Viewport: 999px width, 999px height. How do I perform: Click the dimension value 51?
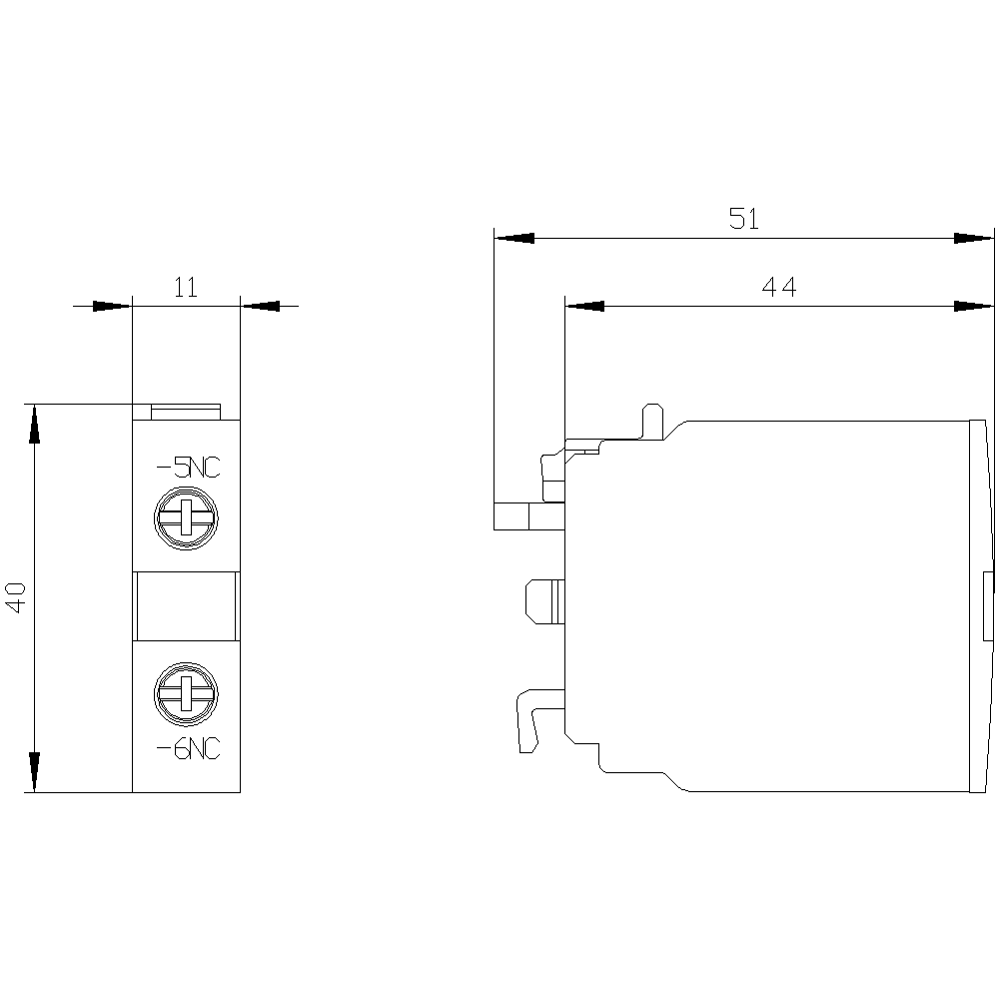pos(743,219)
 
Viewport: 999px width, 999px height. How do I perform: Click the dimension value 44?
pos(779,287)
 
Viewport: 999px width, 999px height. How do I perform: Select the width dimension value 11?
pos(186,288)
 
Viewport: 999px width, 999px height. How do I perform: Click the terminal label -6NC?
pos(187,747)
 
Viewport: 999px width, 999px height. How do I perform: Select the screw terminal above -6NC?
pos(186,693)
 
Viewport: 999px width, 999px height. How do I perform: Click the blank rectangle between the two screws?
pos(186,606)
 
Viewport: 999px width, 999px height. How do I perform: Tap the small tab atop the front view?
pos(186,412)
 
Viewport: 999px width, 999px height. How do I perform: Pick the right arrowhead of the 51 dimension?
pos(974,239)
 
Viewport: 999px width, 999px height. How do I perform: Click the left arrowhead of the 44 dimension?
pos(585,306)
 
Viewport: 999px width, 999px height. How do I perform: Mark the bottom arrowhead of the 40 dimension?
pos(34,772)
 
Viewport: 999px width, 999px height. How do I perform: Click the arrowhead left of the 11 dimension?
pos(112,306)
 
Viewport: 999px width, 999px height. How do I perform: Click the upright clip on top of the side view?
pos(651,421)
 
